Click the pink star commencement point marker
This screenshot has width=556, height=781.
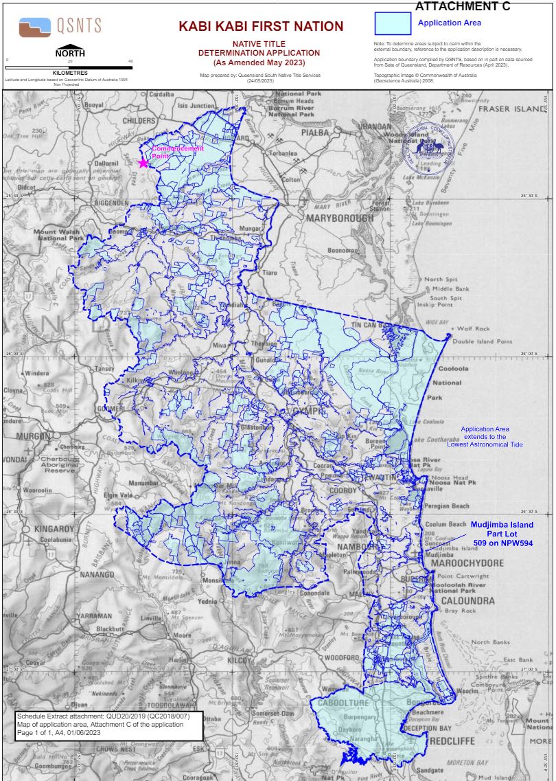[143, 163]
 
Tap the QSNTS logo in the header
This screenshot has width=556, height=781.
[60, 27]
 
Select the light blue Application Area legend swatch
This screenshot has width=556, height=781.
[393, 23]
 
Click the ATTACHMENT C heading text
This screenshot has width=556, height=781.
[463, 7]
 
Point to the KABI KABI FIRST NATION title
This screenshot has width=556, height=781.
[261, 27]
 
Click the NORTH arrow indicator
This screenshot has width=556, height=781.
[70, 51]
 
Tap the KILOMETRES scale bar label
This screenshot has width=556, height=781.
[70, 71]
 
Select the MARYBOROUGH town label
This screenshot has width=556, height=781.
[340, 218]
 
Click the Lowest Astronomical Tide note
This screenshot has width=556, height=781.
[484, 436]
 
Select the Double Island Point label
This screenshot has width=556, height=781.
[482, 341]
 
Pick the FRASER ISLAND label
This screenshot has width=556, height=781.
[512, 109]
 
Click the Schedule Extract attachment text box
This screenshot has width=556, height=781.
[109, 725]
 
